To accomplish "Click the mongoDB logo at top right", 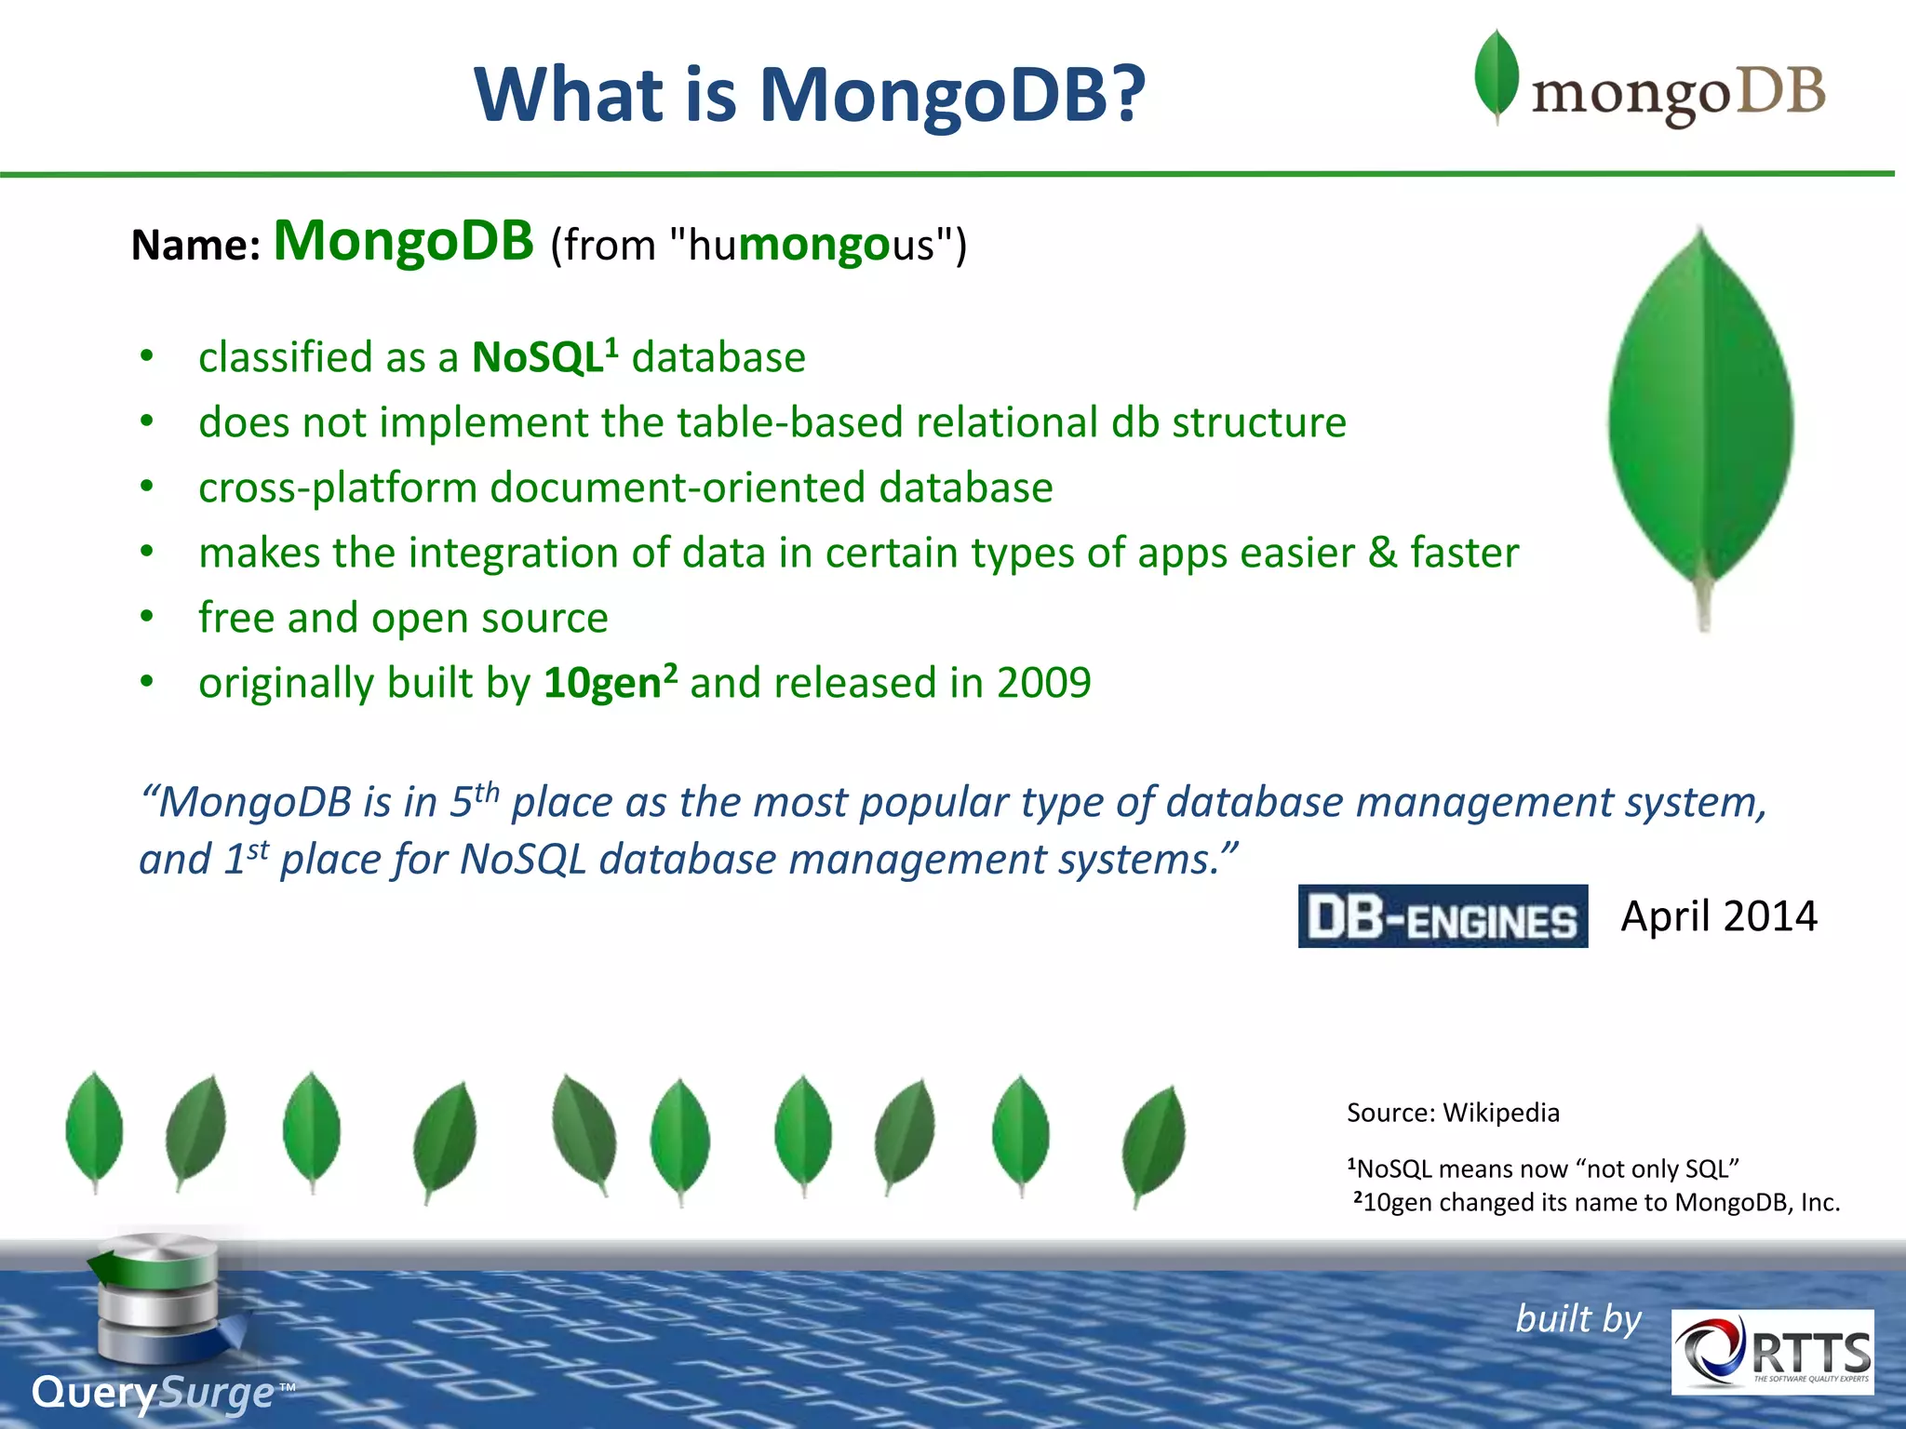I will [1649, 84].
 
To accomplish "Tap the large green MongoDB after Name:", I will [403, 242].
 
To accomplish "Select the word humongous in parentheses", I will [812, 246].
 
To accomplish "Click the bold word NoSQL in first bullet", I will [538, 358].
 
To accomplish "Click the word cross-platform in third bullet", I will [337, 488].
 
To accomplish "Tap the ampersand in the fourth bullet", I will [1382, 553].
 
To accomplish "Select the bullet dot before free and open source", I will [146, 617].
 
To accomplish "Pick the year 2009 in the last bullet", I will [1043, 684].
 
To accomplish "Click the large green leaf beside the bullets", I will [1701, 419].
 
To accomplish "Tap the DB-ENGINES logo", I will [1443, 917].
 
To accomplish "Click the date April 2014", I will [1718, 917].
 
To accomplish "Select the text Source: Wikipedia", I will [1452, 1113].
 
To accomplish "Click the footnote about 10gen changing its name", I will [1596, 1203].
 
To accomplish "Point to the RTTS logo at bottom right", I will [1772, 1352].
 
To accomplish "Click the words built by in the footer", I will [1577, 1319].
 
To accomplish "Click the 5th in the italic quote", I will [475, 801].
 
